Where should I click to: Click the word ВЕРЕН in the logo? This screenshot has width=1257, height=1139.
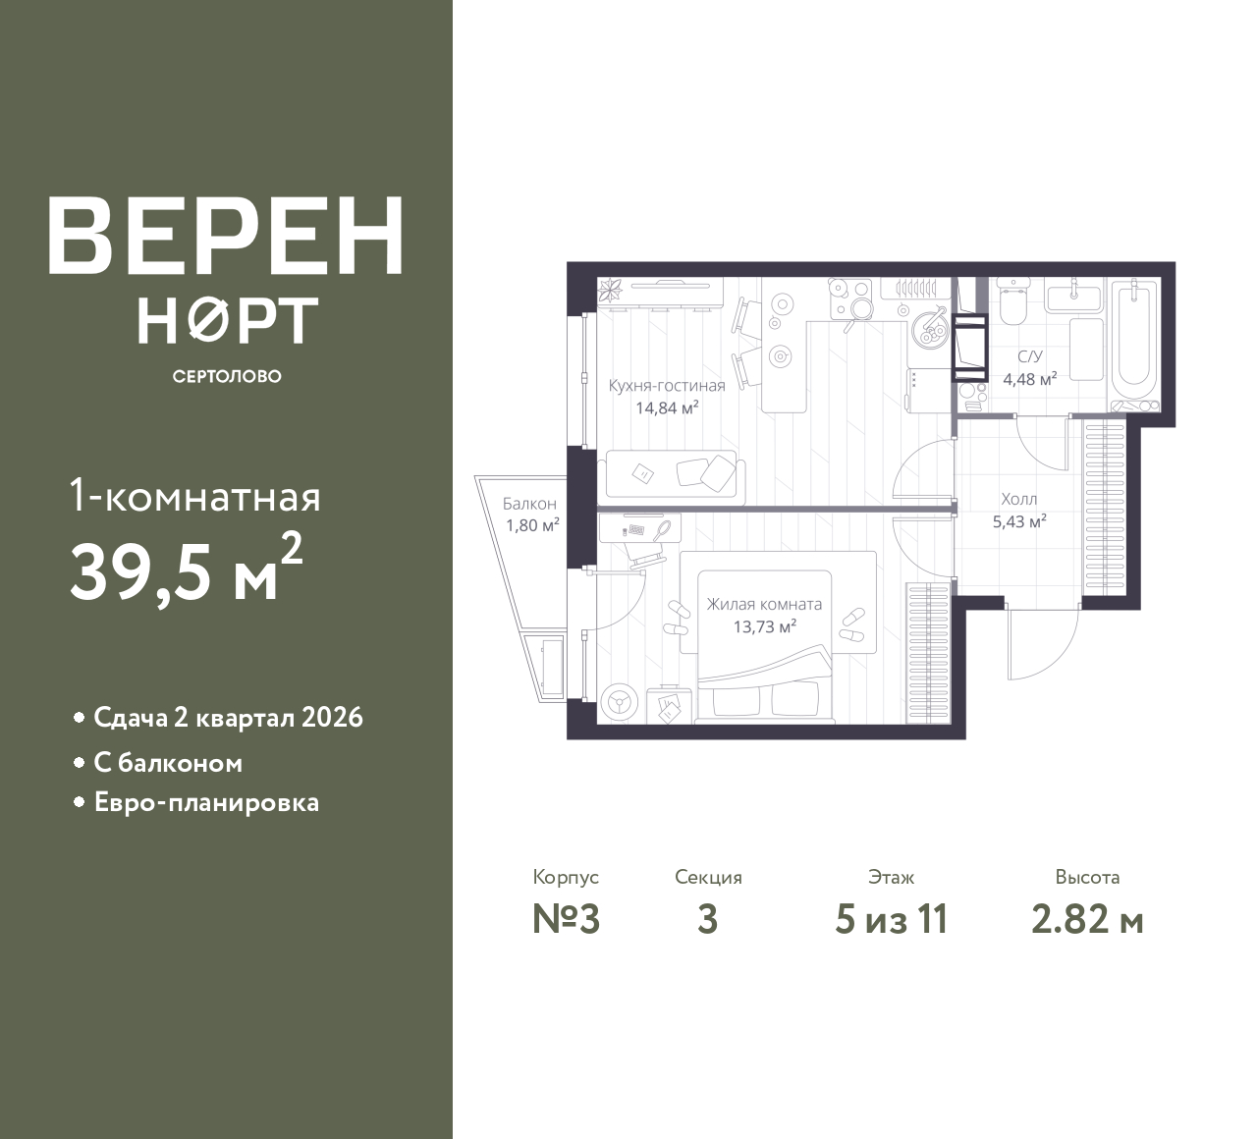pyautogui.click(x=226, y=235)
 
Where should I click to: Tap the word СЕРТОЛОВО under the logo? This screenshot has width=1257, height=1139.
pyautogui.click(x=227, y=376)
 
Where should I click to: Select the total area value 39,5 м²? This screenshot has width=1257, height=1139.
pyautogui.click(x=187, y=569)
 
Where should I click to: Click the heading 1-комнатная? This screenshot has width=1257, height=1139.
pyautogui.click(x=195, y=499)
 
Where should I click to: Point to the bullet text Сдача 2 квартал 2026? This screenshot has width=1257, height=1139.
pyautogui.click(x=228, y=718)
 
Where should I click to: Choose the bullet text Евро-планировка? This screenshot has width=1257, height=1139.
pyautogui.click(x=206, y=802)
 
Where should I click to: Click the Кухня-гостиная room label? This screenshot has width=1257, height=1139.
pyautogui.click(x=667, y=386)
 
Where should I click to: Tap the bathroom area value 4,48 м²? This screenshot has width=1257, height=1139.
pyautogui.click(x=1030, y=379)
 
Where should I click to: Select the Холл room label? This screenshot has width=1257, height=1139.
pyautogui.click(x=1019, y=500)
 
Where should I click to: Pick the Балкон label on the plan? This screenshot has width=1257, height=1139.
pyautogui.click(x=529, y=503)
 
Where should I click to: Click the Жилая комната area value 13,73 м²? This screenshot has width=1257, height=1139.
pyautogui.click(x=764, y=626)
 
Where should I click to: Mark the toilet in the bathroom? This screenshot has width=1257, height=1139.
pyautogui.click(x=1012, y=302)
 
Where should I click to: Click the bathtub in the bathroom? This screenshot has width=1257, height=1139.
pyautogui.click(x=1135, y=342)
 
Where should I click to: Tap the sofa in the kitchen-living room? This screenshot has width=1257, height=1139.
pyautogui.click(x=671, y=477)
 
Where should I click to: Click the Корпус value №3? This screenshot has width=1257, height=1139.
pyautogui.click(x=567, y=920)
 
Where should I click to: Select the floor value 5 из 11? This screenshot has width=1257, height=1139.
pyautogui.click(x=891, y=920)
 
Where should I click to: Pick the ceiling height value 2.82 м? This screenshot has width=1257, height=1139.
pyautogui.click(x=1087, y=920)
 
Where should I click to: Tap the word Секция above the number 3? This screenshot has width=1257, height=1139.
pyautogui.click(x=708, y=878)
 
